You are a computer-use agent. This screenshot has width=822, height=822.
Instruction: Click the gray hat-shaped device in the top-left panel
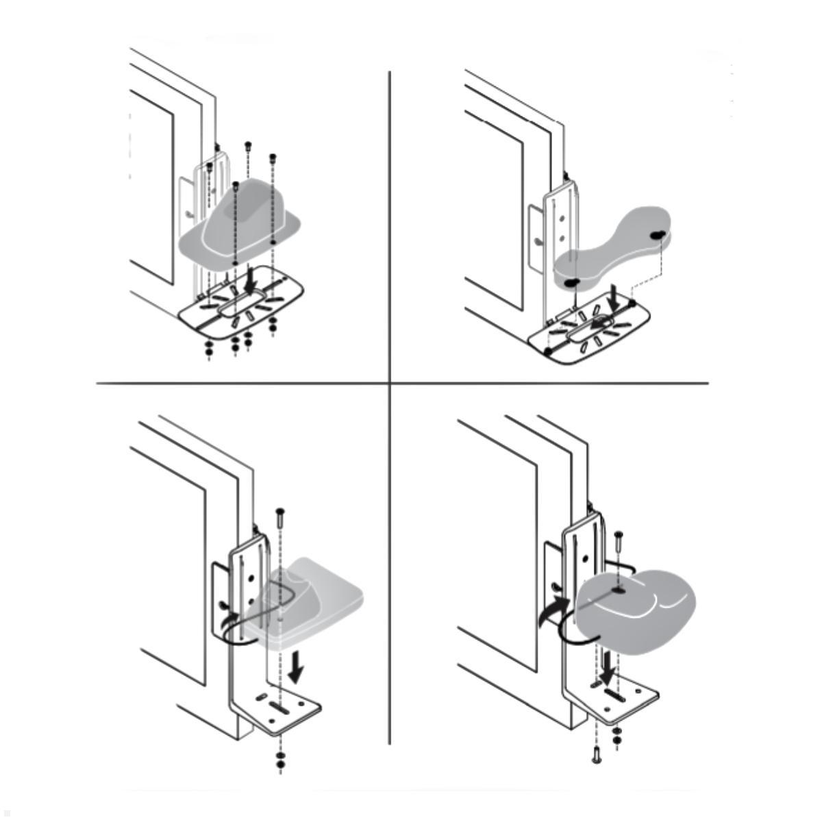(x=240, y=223)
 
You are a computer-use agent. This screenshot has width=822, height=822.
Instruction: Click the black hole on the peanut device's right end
(x=658, y=234)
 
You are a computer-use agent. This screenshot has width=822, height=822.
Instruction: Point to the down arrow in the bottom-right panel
(x=607, y=674)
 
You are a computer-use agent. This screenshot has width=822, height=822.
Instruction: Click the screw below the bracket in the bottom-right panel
(x=595, y=756)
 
